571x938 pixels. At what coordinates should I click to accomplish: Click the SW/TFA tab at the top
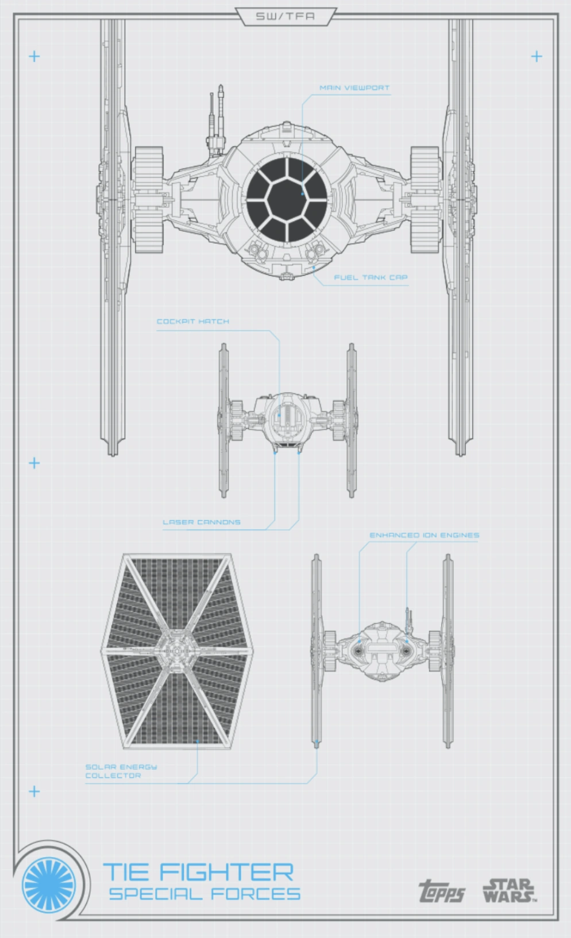[285, 16]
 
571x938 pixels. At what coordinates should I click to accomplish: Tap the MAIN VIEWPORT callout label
[354, 88]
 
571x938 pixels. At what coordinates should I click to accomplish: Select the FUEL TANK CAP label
[371, 277]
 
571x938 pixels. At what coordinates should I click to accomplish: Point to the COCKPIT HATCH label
[192, 321]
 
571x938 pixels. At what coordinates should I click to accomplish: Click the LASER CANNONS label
[201, 522]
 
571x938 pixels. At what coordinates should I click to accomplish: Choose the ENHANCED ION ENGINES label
[424, 535]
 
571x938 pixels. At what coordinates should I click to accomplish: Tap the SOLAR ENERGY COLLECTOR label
[121, 771]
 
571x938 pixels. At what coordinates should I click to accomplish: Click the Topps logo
[441, 892]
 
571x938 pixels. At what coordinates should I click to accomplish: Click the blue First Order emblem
[49, 883]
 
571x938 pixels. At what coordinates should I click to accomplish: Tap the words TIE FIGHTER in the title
[198, 873]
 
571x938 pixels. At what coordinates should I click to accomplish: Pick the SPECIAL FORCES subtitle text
[205, 894]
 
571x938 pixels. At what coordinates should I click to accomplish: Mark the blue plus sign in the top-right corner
[537, 56]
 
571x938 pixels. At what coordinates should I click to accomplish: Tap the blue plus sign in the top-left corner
[34, 56]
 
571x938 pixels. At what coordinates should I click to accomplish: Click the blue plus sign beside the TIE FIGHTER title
[34, 792]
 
